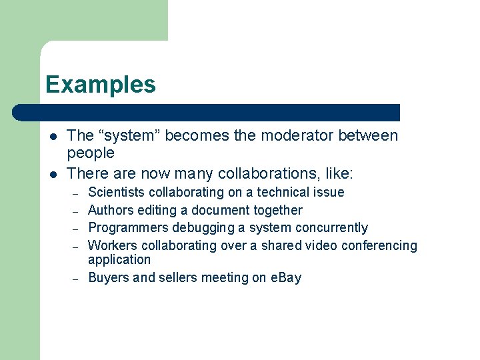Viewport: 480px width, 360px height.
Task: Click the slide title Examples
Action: coord(101,85)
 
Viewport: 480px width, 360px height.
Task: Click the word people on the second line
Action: coord(91,153)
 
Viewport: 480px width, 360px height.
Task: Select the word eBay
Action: coord(285,278)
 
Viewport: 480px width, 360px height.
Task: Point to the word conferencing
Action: coord(379,246)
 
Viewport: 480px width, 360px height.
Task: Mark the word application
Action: coord(119,260)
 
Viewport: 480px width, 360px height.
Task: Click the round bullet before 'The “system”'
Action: coord(53,137)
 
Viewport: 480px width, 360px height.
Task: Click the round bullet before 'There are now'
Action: coord(53,175)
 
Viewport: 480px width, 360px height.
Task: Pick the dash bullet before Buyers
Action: coord(76,279)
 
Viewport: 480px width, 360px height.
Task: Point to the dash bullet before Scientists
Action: coord(76,193)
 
